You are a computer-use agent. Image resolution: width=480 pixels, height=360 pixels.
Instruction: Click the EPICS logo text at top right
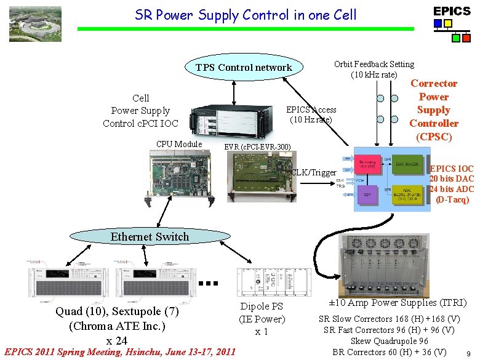click(452, 11)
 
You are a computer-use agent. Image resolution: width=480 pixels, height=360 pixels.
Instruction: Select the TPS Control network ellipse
click(243, 68)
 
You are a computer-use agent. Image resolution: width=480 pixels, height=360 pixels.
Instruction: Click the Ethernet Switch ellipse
click(150, 236)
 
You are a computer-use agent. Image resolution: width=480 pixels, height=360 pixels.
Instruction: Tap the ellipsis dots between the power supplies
click(210, 284)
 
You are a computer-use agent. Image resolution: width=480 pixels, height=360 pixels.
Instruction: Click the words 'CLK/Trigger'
click(314, 173)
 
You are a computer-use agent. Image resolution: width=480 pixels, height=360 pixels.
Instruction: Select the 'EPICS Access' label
click(311, 110)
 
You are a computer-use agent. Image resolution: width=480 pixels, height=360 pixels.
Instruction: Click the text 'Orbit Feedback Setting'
click(374, 64)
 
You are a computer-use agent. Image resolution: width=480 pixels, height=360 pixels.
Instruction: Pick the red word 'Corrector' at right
click(434, 83)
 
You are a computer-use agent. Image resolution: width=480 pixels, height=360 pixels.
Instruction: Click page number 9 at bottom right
click(470, 353)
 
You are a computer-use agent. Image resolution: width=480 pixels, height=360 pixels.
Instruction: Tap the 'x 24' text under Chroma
click(117, 340)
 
